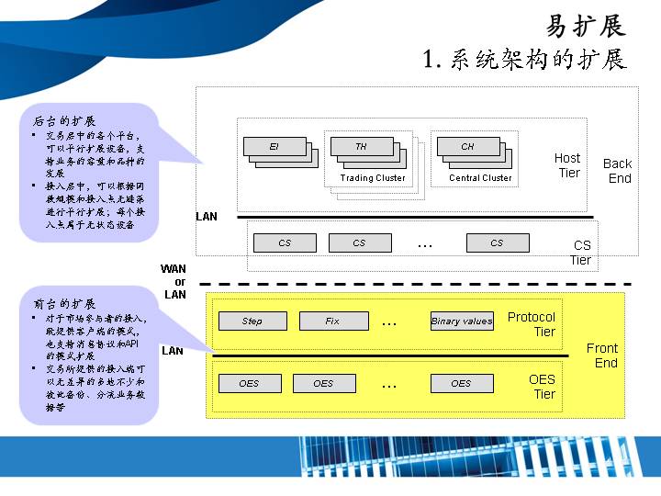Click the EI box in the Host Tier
tap(274, 146)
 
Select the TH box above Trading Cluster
tap(361, 146)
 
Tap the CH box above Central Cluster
tap(468, 146)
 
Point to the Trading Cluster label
tap(373, 178)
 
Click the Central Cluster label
tap(480, 178)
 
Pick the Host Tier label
tap(567, 165)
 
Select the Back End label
tap(618, 171)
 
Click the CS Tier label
tap(581, 253)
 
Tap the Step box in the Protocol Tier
tap(252, 321)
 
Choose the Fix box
tap(332, 321)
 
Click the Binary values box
tap(462, 321)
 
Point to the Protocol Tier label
tap(532, 324)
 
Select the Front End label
tap(603, 355)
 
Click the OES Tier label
tap(543, 387)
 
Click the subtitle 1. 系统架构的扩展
tap(524, 60)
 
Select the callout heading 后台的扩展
tap(65, 120)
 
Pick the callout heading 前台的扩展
tap(65, 303)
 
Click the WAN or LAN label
tap(174, 282)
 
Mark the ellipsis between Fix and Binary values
tap(389, 322)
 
